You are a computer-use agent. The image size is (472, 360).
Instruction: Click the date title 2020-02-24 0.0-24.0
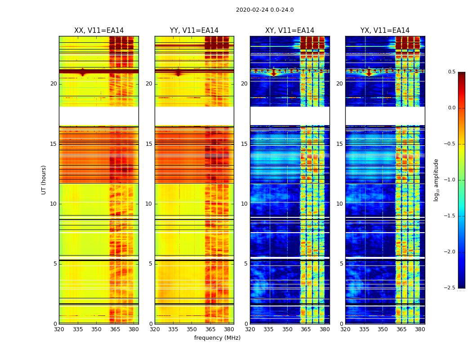click(265, 10)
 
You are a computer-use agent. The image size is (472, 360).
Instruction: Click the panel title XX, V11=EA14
click(99, 31)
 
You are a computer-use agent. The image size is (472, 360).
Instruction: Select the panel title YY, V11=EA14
click(194, 31)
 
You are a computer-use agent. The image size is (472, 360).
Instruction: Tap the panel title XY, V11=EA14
click(289, 31)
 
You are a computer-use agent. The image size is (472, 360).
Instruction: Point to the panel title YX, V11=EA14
click(385, 31)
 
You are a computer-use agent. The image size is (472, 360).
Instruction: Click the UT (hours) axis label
click(44, 180)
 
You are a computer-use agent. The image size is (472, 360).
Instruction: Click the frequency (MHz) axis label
click(217, 338)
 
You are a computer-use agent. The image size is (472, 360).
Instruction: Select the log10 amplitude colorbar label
click(436, 180)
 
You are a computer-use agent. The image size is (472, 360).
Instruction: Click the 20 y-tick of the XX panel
click(53, 84)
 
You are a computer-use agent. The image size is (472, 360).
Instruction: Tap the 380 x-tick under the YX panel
click(420, 329)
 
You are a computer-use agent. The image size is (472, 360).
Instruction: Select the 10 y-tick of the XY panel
click(244, 204)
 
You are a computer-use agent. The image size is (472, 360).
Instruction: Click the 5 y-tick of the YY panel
click(151, 264)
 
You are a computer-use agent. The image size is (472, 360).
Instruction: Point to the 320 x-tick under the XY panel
click(250, 329)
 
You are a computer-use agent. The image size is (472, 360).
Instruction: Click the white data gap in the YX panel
click(385, 116)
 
